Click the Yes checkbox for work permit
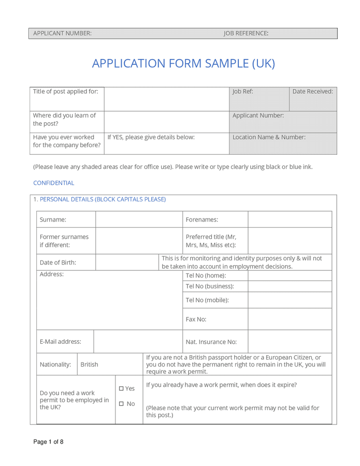point(121,388)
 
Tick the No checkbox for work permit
point(121,404)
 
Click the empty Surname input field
point(139,220)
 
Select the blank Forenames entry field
point(290,220)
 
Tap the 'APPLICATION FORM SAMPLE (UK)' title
point(183,64)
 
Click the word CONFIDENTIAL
point(53,183)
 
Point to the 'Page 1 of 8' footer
point(48,442)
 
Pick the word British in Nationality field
point(89,365)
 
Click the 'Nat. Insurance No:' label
point(211,342)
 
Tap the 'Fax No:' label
point(196,319)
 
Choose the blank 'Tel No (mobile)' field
point(290,300)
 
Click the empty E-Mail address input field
point(138,342)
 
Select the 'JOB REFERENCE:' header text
point(246,34)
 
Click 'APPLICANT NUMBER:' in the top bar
point(62,34)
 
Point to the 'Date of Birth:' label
point(58,263)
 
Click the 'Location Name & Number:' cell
point(269,137)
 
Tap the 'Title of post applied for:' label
point(65,92)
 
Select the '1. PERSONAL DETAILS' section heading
point(99,199)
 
